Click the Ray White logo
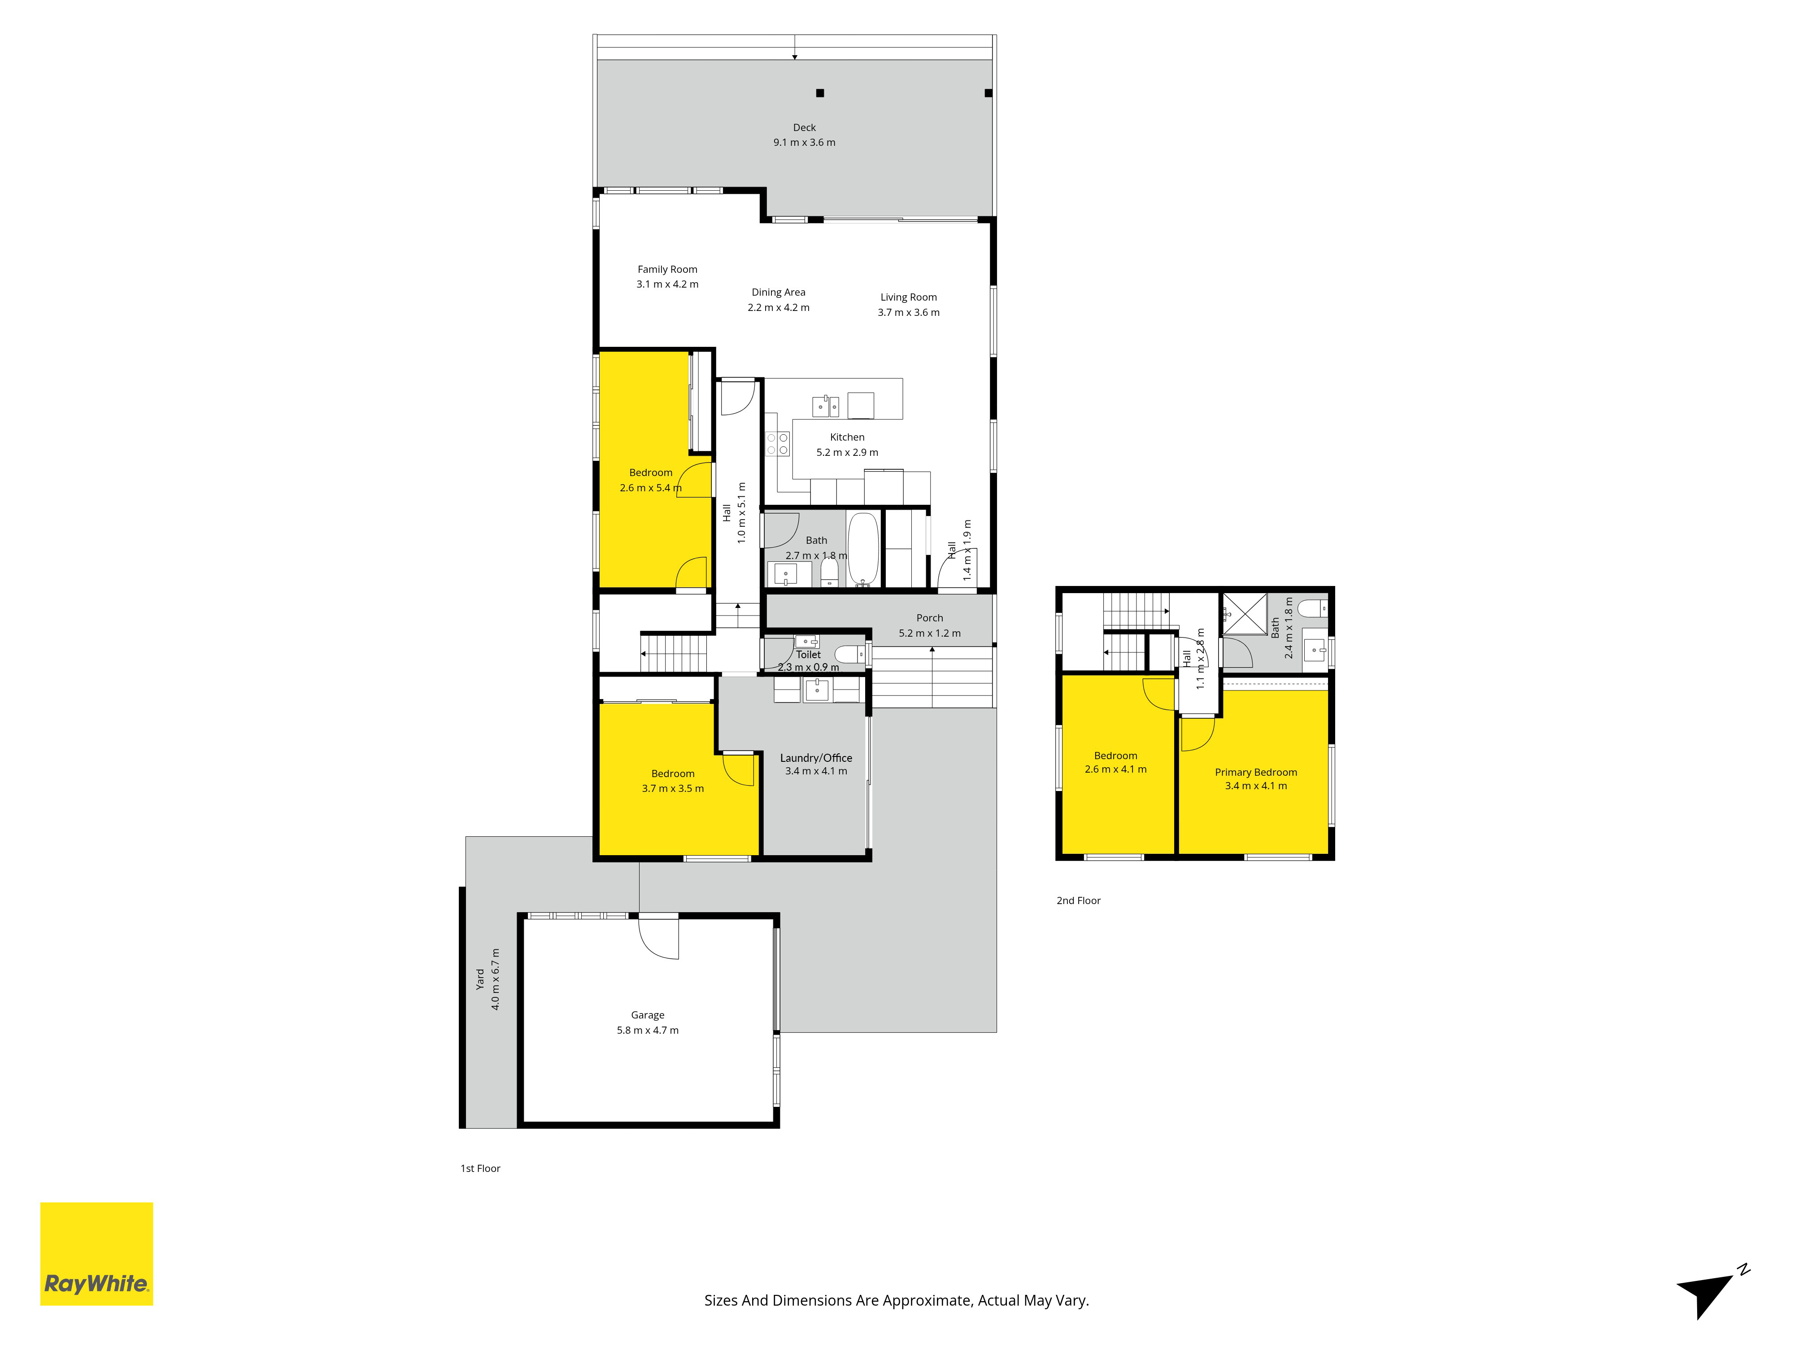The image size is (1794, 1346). point(96,1254)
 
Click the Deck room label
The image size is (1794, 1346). point(805,127)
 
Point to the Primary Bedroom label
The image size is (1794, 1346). point(1255,773)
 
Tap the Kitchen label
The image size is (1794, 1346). point(847,437)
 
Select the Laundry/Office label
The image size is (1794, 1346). point(816,758)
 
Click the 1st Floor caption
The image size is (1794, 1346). point(480,1168)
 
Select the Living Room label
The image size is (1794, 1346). point(908,297)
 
